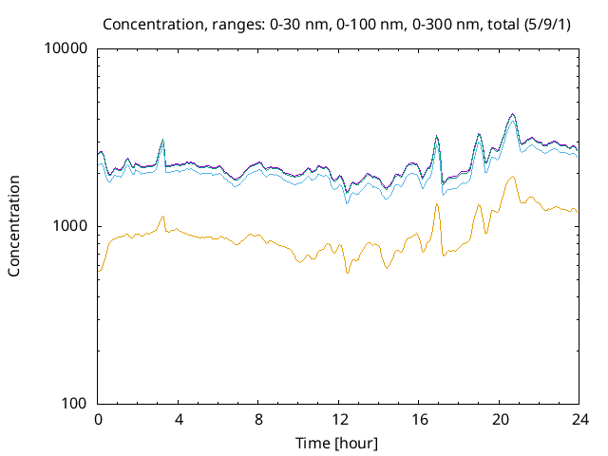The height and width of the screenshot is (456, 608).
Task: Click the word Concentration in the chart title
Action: click(148, 24)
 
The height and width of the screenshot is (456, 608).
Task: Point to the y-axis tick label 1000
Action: click(72, 226)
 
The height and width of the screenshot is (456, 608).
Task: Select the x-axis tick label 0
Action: click(98, 419)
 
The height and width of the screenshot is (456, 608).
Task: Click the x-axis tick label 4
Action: click(179, 419)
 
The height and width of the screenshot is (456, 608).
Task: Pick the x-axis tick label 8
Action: click(258, 419)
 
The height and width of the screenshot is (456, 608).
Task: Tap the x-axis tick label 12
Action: click(338, 419)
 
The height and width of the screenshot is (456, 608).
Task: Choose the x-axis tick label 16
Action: click(418, 419)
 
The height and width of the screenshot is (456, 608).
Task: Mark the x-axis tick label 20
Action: click(499, 419)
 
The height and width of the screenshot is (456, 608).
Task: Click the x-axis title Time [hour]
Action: click(338, 443)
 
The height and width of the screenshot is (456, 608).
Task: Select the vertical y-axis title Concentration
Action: click(14, 226)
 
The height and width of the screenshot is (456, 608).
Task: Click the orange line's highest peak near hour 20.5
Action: click(513, 177)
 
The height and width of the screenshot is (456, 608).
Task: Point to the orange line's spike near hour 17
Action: click(437, 204)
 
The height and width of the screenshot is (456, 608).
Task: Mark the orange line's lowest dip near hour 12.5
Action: click(347, 274)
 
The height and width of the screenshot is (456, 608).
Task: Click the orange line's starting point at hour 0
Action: click(99, 272)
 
